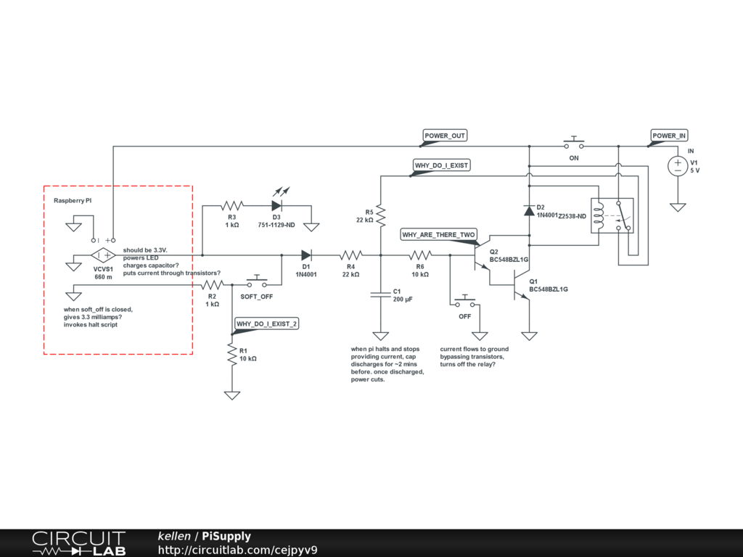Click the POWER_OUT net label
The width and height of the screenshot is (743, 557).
pos(445,136)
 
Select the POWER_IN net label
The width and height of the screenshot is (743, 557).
pos(668,136)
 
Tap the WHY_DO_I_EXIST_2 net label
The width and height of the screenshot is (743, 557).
pos(266,323)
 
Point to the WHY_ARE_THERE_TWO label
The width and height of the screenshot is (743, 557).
pos(438,235)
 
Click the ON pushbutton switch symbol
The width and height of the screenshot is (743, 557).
pos(575,143)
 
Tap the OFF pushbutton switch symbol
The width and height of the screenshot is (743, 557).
pos(464,302)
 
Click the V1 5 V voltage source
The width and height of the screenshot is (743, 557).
pos(678,166)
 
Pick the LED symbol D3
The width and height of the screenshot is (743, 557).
pos(276,205)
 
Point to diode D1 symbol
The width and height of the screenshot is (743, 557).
pos(306,255)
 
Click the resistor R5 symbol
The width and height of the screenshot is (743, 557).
pos(380,215)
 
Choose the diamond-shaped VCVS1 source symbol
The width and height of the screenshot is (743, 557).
pos(102,255)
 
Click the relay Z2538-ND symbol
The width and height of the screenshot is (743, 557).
pos(612,215)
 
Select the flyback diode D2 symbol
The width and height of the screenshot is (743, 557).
pos(529,210)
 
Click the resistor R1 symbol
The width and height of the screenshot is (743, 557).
pos(232,355)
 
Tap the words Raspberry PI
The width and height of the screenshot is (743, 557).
pos(73,199)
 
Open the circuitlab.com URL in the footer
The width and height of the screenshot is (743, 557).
pos(237,550)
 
